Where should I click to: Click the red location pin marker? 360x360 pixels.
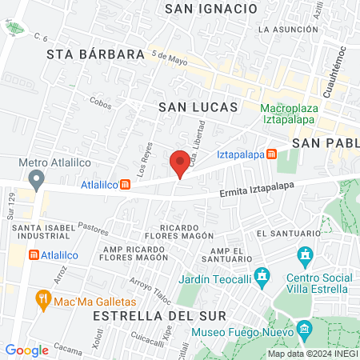click(x=180, y=163)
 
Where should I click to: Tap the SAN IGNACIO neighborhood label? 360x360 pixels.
click(x=210, y=9)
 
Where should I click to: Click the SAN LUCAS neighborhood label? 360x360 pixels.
click(x=198, y=106)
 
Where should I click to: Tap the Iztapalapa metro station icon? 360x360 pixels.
click(x=272, y=154)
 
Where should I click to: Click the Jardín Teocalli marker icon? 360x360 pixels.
click(x=262, y=278)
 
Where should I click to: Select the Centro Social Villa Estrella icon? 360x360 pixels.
click(x=304, y=257)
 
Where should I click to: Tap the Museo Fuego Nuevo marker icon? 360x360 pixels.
click(x=304, y=330)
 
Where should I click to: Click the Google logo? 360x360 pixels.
click(x=26, y=350)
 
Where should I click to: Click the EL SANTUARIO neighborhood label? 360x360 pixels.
click(x=287, y=233)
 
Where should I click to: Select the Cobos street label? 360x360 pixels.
click(x=101, y=102)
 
